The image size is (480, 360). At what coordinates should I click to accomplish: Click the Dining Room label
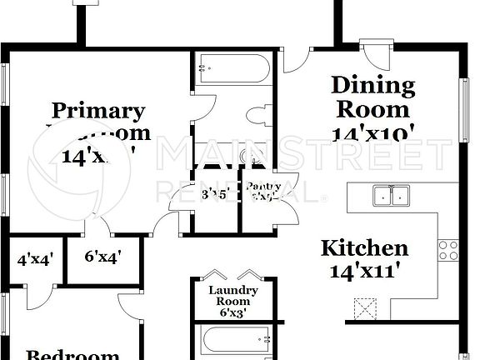373,97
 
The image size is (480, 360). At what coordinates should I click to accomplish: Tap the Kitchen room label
365,247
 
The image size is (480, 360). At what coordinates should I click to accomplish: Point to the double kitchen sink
391,196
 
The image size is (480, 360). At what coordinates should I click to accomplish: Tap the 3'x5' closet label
216,195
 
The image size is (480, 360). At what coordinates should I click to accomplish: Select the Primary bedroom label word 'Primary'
98,110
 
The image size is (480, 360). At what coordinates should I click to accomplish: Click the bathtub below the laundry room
233,342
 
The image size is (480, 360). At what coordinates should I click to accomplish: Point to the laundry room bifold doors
233,275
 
